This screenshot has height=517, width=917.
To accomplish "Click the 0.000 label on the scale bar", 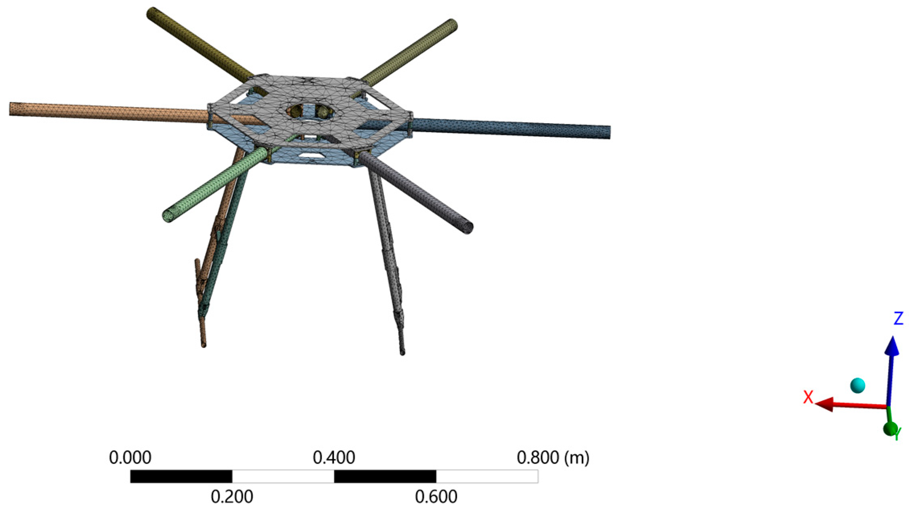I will click(x=130, y=458).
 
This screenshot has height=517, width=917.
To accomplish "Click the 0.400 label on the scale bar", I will click(x=334, y=458).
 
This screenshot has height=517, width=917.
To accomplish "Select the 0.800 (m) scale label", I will click(x=553, y=458).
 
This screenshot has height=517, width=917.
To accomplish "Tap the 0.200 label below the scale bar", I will click(x=232, y=497).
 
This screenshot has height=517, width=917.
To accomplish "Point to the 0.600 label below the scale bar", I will click(x=436, y=497).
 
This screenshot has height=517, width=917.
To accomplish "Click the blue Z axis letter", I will click(x=898, y=318).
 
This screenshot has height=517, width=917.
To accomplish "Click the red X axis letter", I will click(x=808, y=397).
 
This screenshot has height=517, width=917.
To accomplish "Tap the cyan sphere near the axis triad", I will click(x=857, y=385).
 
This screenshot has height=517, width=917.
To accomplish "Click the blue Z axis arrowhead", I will click(x=892, y=346).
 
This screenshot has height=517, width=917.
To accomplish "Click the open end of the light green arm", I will click(x=168, y=215).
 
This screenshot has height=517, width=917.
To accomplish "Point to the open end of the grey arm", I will click(x=467, y=228).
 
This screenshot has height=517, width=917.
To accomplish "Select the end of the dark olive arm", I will click(x=152, y=13).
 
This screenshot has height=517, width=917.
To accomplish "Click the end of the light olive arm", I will click(x=452, y=24).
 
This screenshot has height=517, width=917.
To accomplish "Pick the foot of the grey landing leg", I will click(x=402, y=353).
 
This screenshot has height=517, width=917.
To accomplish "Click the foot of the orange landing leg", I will click(x=204, y=344).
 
